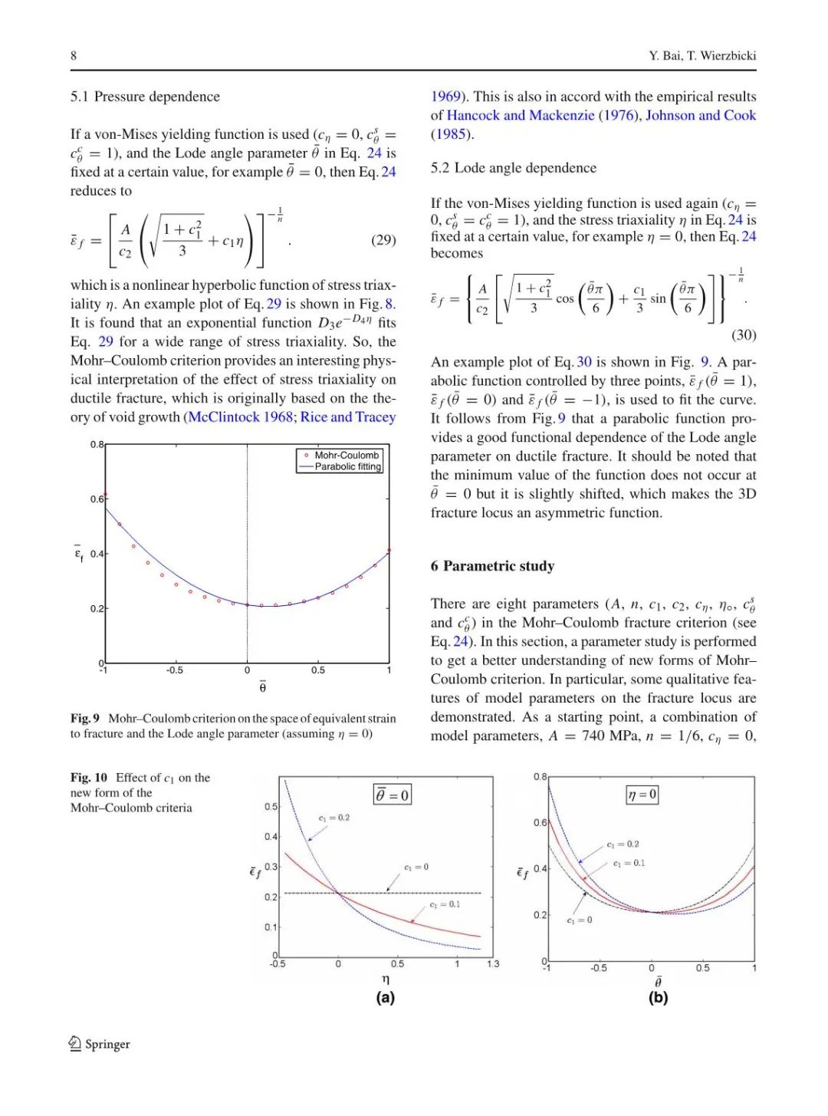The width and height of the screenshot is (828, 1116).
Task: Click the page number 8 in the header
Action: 74,55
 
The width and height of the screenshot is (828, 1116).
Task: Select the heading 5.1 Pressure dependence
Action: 145,97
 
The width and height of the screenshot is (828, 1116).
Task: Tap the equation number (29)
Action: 383,240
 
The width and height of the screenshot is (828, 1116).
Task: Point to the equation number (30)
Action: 743,334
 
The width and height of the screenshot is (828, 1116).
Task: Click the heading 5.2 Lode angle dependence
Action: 513,168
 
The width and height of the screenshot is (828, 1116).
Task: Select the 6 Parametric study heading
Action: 492,566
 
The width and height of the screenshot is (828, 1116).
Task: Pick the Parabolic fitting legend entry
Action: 347,466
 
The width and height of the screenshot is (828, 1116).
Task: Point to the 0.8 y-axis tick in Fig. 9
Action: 97,445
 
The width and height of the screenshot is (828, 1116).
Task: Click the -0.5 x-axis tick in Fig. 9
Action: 175,670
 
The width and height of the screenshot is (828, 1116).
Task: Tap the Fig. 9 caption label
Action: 85,719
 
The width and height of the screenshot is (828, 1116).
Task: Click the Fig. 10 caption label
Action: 89,778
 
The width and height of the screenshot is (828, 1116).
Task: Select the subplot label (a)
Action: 385,997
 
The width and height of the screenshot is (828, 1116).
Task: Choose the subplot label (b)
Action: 658,997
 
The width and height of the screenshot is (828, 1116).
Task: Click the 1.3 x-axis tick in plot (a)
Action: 492,964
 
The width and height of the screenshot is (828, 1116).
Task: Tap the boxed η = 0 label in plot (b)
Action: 642,795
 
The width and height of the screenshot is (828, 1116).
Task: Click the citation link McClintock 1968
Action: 240,417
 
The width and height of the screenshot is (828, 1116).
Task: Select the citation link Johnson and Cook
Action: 701,115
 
